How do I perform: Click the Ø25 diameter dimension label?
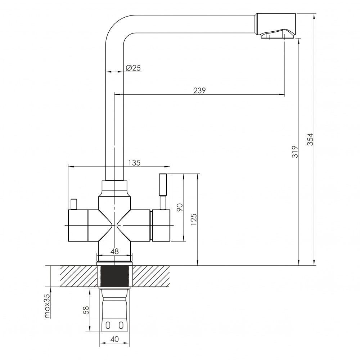tap(133, 68)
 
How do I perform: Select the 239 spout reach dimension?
tap(199, 90)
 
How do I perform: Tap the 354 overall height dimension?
tap(310, 139)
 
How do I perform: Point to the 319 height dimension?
tap(295, 152)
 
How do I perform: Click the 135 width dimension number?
tap(134, 163)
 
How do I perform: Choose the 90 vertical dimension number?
tap(180, 207)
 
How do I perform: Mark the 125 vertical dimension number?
tap(194, 219)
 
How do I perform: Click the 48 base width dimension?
tap(114, 251)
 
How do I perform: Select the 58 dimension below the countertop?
tap(86, 310)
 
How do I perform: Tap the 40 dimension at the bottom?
tap(114, 339)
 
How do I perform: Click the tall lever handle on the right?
tap(163, 192)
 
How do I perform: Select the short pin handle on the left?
tap(74, 204)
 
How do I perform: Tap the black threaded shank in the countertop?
tap(114, 276)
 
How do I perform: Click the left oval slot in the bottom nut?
tap(108, 325)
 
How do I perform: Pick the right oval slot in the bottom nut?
tap(121, 325)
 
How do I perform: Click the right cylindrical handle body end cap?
tap(161, 226)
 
